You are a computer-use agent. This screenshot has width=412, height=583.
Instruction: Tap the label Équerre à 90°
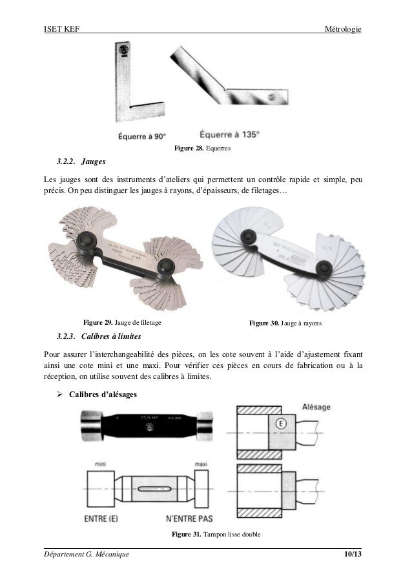pos(142,136)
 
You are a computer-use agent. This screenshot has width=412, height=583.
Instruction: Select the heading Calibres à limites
pos(112,336)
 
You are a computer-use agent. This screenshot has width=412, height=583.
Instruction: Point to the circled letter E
pos(280,424)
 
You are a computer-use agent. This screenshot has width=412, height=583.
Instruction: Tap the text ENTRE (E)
pos(105,518)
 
